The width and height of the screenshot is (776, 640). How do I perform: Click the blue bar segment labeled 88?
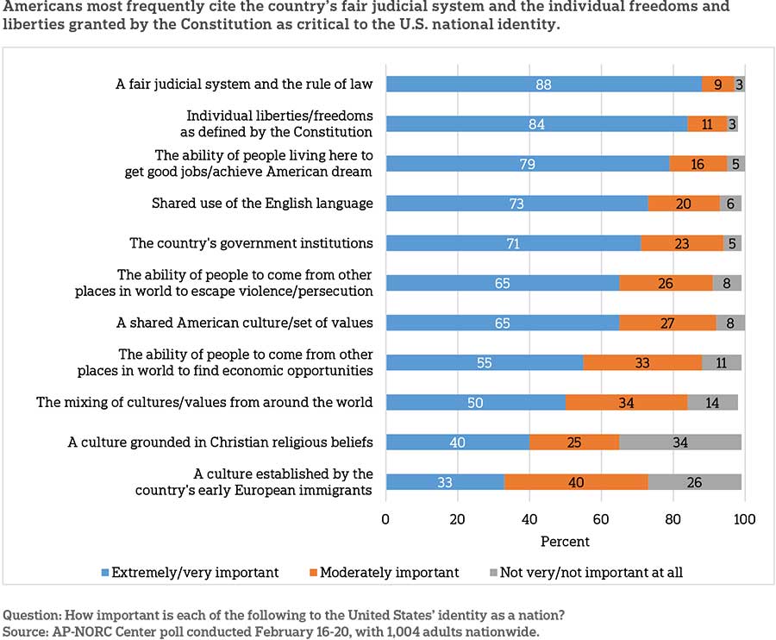point(543,84)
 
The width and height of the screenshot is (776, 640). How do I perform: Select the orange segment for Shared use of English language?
point(684,204)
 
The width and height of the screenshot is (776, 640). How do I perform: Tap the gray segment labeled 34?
point(680,442)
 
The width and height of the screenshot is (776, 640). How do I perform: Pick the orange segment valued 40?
point(576,482)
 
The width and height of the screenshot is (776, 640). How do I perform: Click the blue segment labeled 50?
point(475,402)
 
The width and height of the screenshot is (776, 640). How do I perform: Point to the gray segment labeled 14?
point(712,402)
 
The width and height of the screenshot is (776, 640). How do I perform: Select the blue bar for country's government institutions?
point(513,243)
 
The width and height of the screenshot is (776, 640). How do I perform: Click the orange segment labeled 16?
point(698,164)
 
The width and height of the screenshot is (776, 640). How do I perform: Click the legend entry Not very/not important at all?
point(590,572)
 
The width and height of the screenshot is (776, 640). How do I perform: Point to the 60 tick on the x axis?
point(601,520)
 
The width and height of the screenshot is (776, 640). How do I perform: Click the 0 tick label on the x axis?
point(386,520)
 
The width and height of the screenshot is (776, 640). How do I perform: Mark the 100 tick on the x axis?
point(744,520)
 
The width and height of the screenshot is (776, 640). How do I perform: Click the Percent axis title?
point(565,542)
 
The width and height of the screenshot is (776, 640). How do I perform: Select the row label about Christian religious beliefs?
point(220,442)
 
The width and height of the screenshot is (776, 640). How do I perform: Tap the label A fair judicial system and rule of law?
point(244,85)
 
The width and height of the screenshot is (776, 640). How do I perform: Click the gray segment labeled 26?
point(694,482)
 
